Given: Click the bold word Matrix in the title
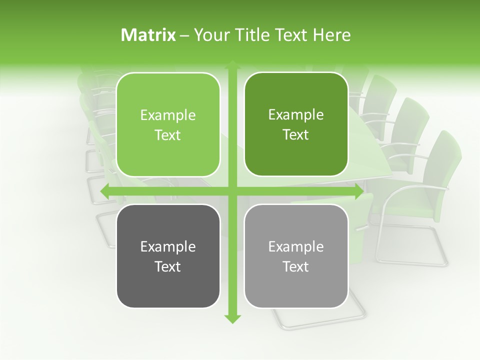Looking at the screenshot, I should tap(148, 35).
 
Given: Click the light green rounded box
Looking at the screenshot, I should tap(168, 155).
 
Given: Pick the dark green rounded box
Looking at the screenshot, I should tap(296, 155).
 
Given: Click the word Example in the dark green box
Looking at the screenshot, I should tap(296, 115).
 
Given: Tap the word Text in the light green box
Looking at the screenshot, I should tap(167, 135).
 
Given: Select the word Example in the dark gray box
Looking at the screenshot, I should tap(167, 247).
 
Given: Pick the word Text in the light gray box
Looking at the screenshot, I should tap(296, 267).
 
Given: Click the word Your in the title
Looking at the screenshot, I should tap(209, 35).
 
